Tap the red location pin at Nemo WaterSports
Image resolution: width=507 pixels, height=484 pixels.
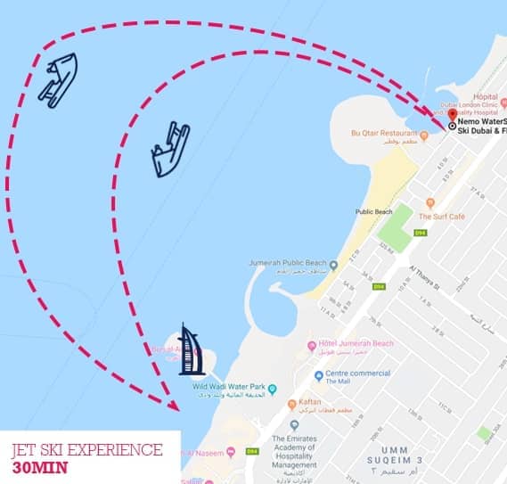click(x=452, y=116)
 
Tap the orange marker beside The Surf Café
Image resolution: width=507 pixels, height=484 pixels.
click(x=430, y=203)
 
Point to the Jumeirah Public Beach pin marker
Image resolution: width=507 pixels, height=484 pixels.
click(x=333, y=265)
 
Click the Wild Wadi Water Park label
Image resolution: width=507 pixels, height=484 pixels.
click(x=225, y=388)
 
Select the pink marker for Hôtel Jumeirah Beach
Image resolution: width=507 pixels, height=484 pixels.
click(x=312, y=346)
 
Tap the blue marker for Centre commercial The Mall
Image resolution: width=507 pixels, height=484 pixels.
click(x=319, y=376)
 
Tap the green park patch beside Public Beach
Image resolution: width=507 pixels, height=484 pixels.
click(x=403, y=221)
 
